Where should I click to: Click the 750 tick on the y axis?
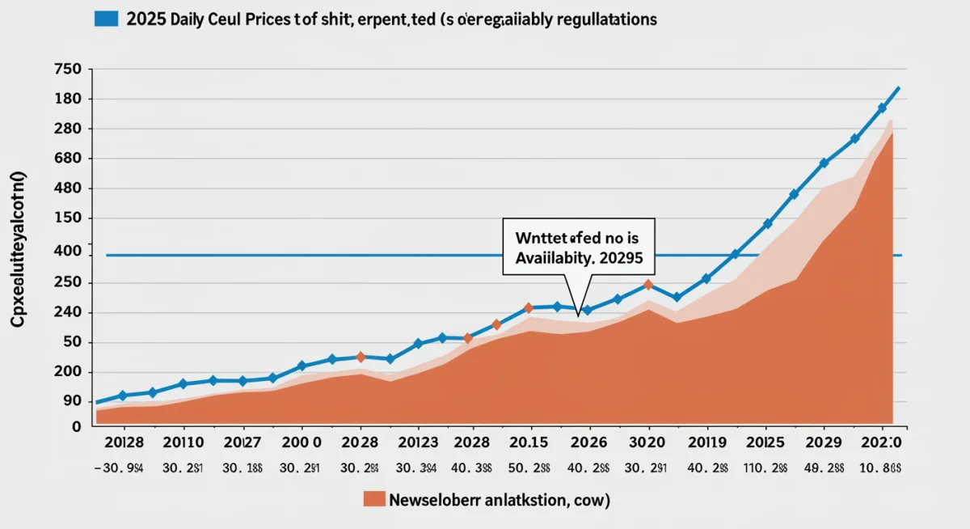pyautogui.click(x=68, y=70)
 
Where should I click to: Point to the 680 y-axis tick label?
pyautogui.click(x=68, y=159)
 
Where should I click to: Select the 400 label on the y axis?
pyautogui.click(x=68, y=252)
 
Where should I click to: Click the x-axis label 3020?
pyautogui.click(x=647, y=443)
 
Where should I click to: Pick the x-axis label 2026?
pyautogui.click(x=588, y=443)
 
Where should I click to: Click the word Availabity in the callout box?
pyautogui.click(x=555, y=260)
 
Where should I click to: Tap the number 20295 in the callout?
pyautogui.click(x=623, y=260)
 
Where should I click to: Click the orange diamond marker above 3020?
pyautogui.click(x=647, y=285)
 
